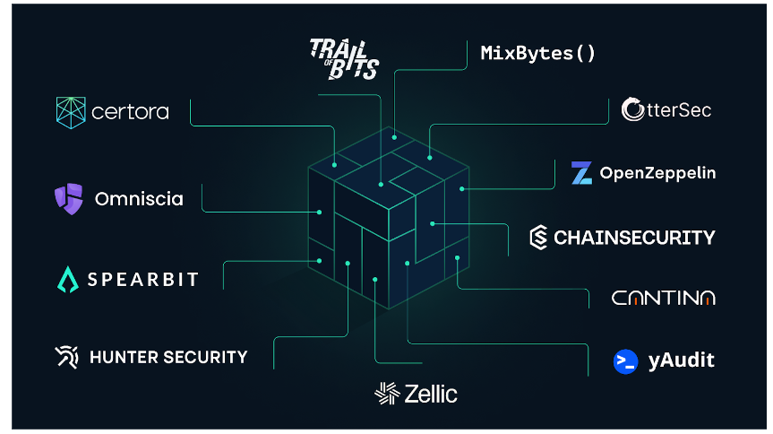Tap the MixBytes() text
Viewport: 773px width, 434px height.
(x=537, y=53)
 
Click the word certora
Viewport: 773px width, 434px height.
(x=130, y=112)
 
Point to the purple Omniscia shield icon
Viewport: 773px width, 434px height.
(x=68, y=197)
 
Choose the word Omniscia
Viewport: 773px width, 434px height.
(x=139, y=198)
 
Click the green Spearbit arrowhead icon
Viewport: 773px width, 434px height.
(x=68, y=280)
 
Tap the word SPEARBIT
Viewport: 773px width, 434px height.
(x=142, y=280)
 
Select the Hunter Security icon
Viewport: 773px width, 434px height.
(x=66, y=357)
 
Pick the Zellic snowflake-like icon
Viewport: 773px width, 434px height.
(x=386, y=393)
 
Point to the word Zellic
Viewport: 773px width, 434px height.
(x=430, y=393)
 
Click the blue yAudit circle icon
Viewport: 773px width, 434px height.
(x=625, y=360)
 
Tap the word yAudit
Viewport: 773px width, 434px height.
(x=681, y=360)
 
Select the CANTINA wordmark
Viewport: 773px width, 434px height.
(x=663, y=298)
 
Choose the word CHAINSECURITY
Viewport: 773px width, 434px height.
(x=634, y=238)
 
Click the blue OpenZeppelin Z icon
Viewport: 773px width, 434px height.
(x=582, y=173)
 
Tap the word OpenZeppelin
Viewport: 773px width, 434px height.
(x=657, y=173)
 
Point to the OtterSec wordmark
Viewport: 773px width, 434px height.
(x=666, y=109)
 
